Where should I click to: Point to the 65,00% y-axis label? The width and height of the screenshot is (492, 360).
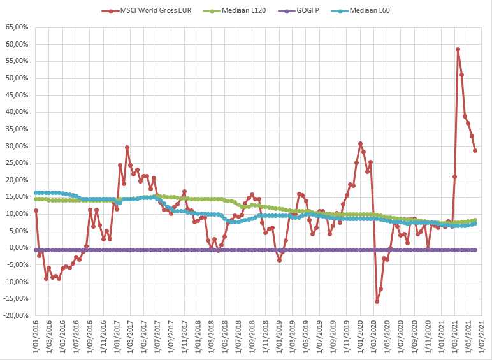16,27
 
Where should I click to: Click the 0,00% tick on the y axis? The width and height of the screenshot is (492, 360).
17,248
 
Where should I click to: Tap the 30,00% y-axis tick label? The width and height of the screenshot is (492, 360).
16,146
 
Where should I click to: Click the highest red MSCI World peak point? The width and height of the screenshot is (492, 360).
458,49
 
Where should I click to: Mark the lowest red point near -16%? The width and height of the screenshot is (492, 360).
377,301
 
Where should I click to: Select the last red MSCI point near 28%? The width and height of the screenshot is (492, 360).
475,150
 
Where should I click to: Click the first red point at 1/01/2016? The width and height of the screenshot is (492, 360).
36,210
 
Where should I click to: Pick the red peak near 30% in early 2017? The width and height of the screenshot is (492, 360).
127,147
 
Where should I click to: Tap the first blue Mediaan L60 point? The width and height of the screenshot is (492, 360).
36,192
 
